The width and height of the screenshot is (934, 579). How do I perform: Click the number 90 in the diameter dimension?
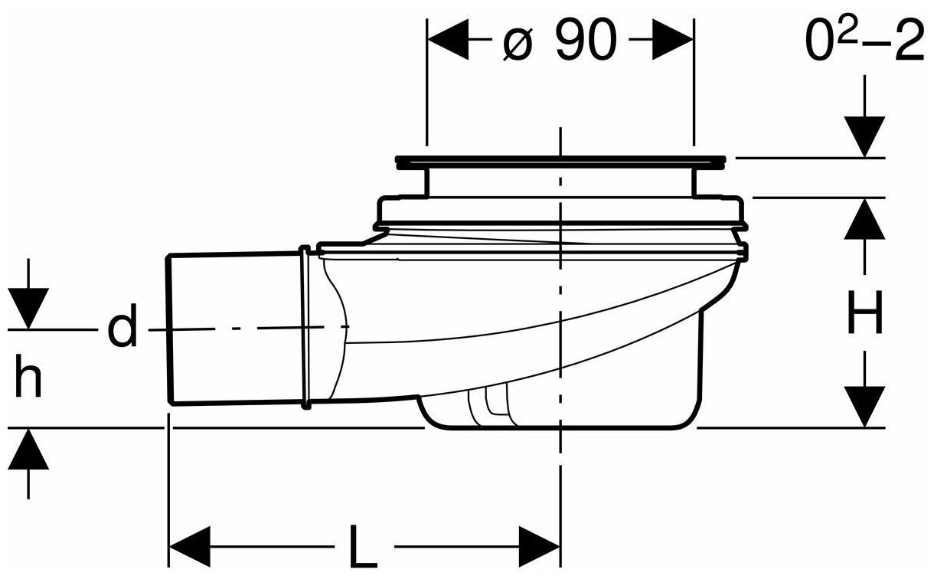[586, 40]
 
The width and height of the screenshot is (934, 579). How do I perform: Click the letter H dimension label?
[865, 312]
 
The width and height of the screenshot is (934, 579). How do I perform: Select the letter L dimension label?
[363, 546]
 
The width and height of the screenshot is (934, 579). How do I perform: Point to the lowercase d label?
[122, 325]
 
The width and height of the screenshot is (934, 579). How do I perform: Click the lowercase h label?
[28, 375]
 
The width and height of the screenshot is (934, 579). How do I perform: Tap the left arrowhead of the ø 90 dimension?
[448, 39]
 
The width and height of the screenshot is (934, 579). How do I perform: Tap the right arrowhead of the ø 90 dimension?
[673, 39]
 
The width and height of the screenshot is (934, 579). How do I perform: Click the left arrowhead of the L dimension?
[189, 547]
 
